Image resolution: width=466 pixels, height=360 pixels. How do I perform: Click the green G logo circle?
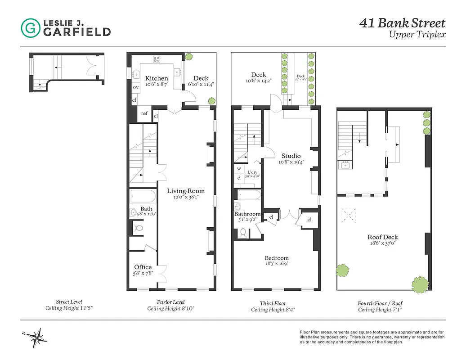31,28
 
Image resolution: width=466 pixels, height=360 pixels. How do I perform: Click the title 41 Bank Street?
402,23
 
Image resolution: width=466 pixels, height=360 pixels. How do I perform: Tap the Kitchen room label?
157,78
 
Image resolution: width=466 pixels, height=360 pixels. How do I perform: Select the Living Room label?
183,190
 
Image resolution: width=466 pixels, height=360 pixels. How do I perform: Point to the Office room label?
143,267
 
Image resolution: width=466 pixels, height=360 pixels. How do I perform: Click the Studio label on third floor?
291,156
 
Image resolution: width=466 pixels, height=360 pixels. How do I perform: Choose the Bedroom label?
276,258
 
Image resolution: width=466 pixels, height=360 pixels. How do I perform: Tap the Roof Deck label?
382,237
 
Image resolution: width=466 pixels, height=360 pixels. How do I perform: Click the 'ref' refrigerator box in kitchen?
144,114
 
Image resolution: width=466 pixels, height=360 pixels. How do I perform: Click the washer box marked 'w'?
239,169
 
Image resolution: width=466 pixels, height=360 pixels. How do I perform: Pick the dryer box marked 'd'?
239,178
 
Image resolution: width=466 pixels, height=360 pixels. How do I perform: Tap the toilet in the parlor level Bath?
139,229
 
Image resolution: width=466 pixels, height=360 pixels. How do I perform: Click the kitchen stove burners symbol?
157,58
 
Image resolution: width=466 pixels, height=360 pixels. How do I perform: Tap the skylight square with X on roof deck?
349,215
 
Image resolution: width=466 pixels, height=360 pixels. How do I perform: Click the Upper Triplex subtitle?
417,35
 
